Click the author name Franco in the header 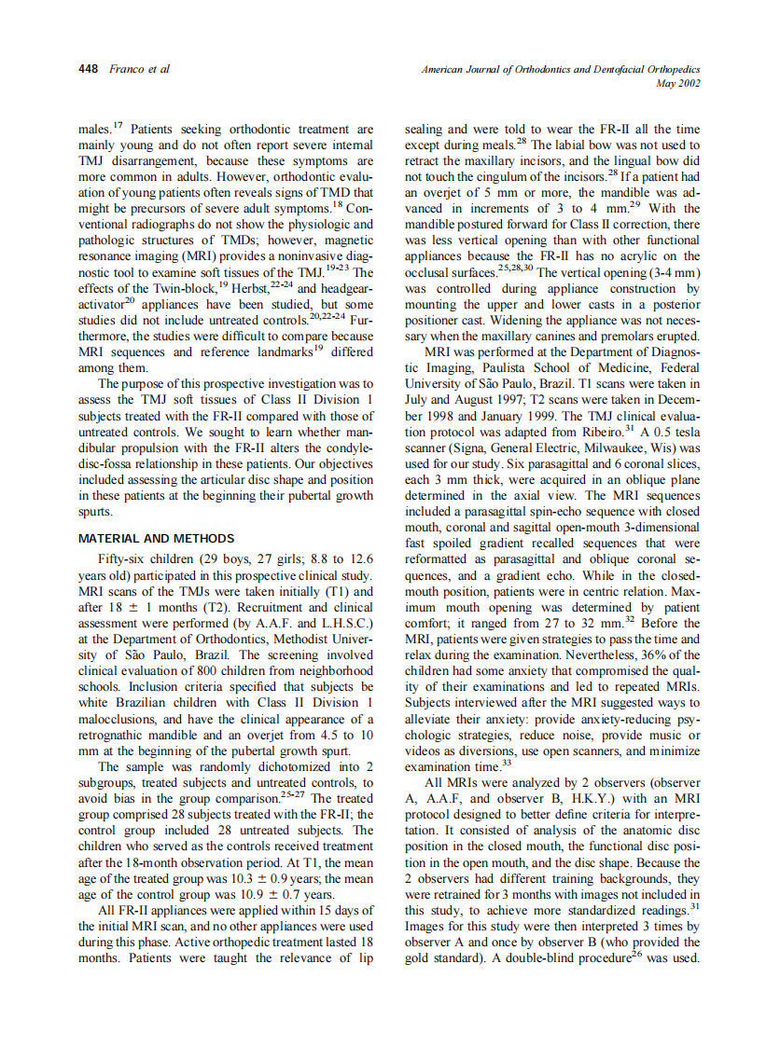[x=125, y=70]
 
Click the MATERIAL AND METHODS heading [x=155, y=539]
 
